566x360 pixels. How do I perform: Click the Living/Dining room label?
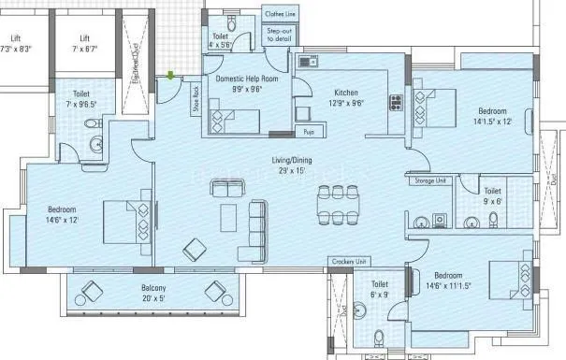tap(294, 166)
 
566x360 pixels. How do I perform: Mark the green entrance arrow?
tap(170, 76)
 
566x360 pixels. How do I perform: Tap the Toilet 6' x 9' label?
tap(380, 289)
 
